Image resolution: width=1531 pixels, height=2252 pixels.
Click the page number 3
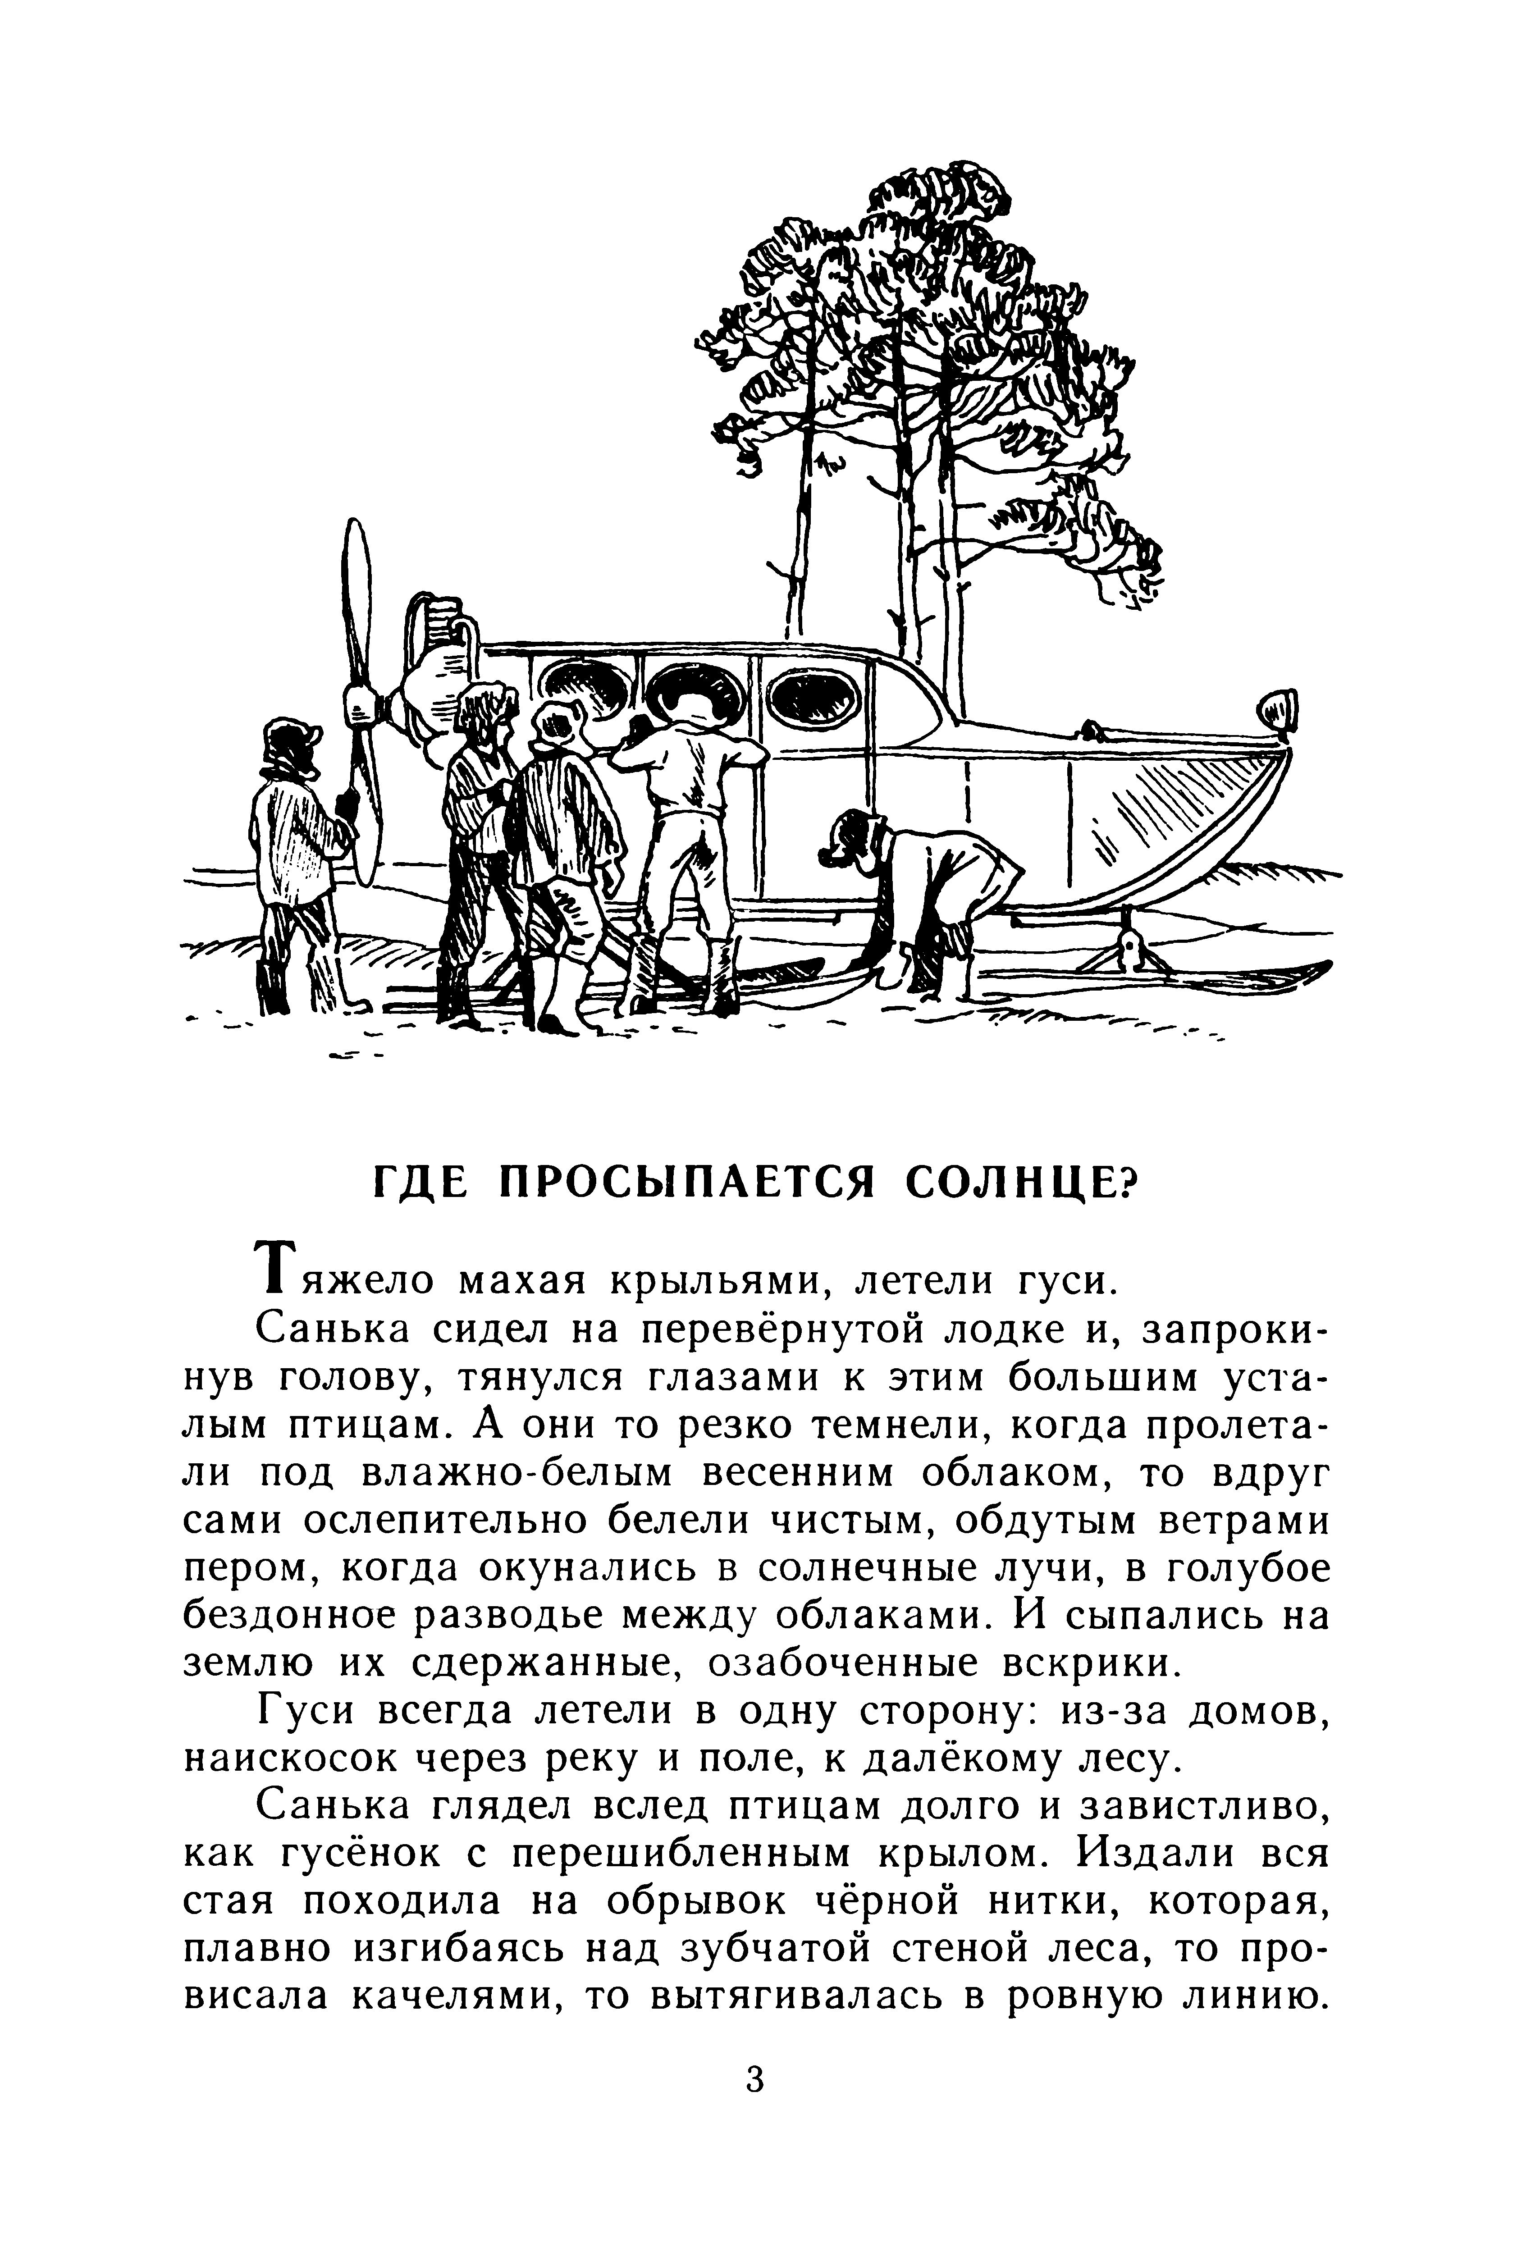[x=756, y=2079]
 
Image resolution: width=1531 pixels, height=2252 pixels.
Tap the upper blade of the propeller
[x=356, y=601]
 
